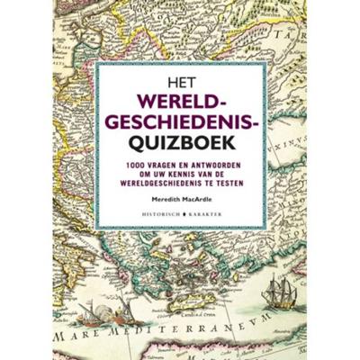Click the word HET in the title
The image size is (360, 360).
[x=180, y=77]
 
